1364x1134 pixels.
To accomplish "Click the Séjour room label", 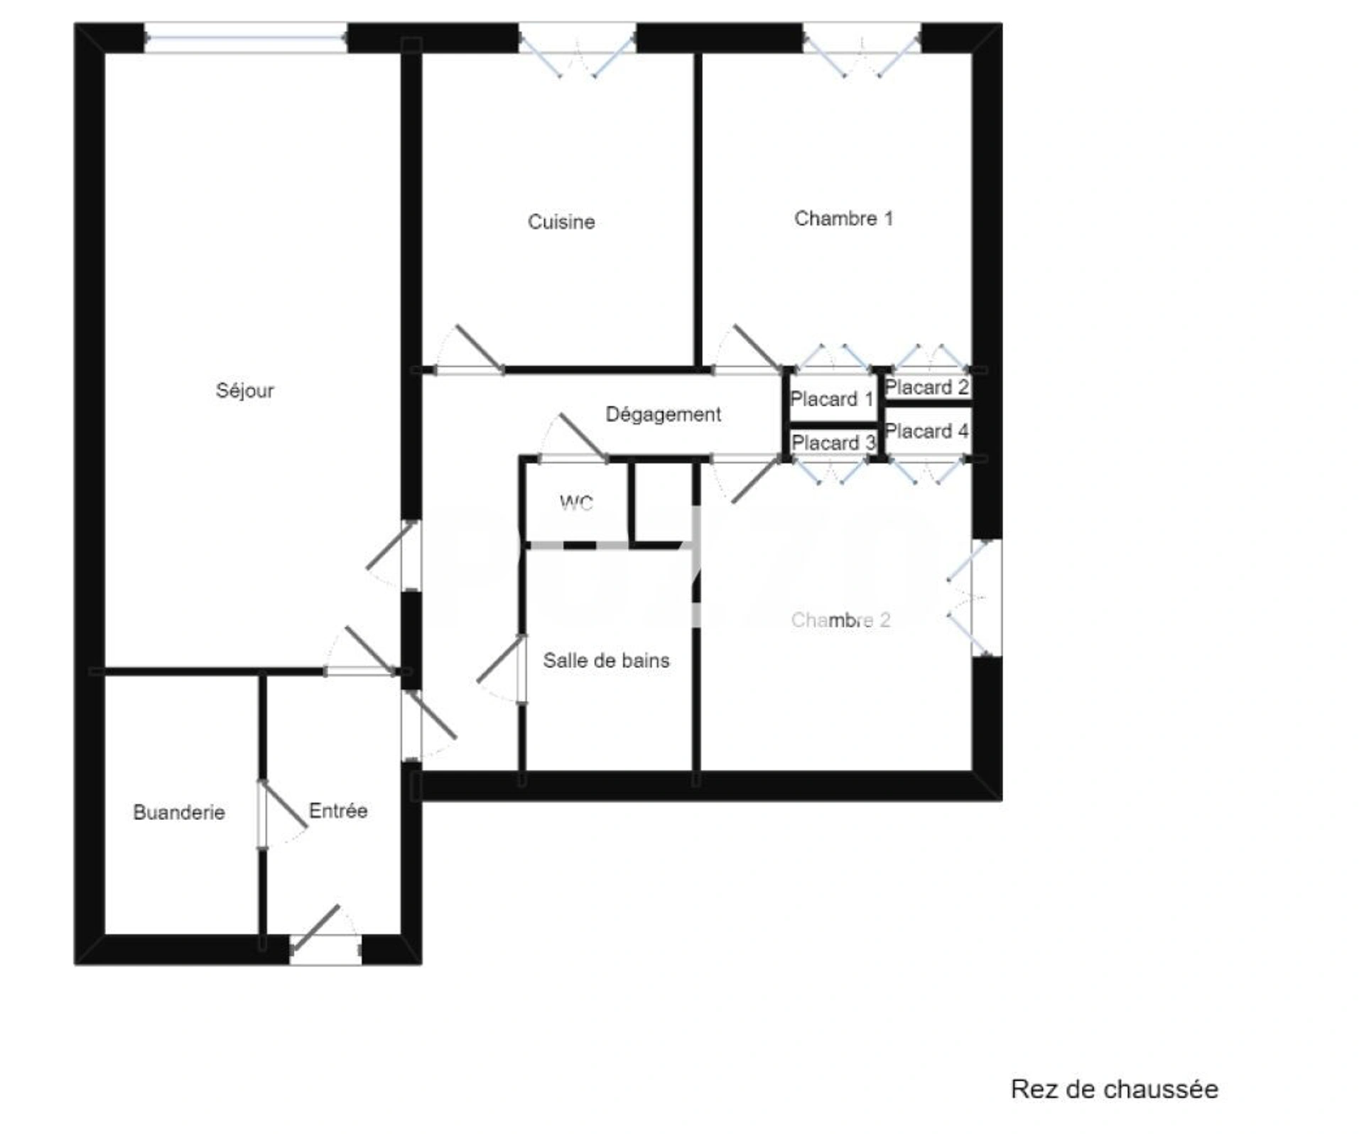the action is coord(244,391).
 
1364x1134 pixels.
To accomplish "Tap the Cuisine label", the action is coord(561,222).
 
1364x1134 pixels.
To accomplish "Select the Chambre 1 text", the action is coord(843,218).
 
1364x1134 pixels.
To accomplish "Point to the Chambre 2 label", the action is coord(840,620).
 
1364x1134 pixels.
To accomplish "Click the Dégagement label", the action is coord(663,414).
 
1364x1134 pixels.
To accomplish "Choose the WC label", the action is coord(576,503).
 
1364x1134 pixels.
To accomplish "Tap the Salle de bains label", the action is coord(606,661).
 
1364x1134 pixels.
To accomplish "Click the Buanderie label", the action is coord(179,812).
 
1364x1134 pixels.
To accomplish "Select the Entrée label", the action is coord(338,811).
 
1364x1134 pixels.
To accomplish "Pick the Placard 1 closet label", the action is coord(832,399).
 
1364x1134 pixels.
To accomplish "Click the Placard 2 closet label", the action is coord(926,387).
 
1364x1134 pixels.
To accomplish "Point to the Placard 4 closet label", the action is coord(926,431).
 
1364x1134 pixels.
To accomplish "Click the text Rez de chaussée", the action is coord(1115,1089).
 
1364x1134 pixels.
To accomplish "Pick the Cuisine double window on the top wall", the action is coord(577,50).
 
